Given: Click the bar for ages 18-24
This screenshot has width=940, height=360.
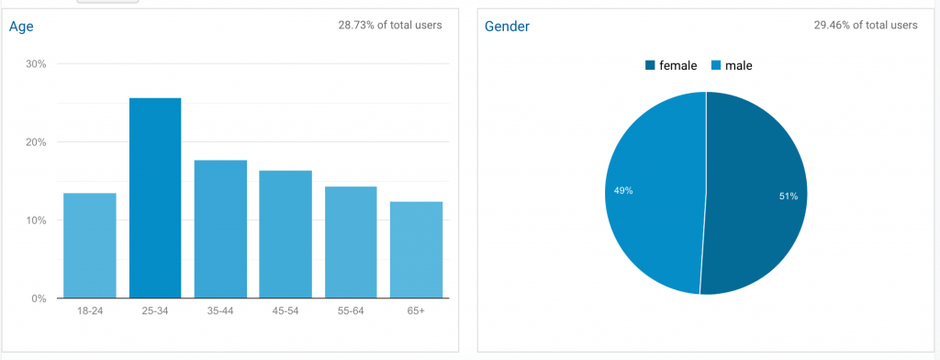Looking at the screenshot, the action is [90, 245].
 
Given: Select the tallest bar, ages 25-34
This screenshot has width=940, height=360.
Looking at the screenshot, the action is [155, 198].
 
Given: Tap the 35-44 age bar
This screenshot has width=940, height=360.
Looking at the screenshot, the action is [220, 230].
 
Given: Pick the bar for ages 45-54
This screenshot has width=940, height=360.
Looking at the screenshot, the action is [285, 234].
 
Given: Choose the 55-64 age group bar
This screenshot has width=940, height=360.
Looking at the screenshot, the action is [351, 242].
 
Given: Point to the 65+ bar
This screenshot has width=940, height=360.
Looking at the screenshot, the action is [416, 250].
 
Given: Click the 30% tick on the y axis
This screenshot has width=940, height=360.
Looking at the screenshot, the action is [36, 64].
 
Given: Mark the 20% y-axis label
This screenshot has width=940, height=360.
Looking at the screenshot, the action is [36, 142].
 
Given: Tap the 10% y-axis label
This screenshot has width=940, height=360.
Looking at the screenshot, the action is [36, 220].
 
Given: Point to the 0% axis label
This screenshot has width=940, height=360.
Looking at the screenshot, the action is [39, 298].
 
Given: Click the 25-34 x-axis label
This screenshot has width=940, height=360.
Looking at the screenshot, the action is [155, 310].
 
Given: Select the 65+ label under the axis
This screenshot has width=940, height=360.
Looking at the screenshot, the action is [416, 310].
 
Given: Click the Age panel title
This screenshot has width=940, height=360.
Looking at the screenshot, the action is [21, 27].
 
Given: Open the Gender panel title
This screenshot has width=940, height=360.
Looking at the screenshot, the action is [507, 27].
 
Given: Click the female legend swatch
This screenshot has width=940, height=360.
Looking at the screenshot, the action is [651, 65].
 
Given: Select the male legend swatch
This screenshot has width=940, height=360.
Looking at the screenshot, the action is [716, 65].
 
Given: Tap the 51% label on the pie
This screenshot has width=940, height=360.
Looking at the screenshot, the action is [789, 197].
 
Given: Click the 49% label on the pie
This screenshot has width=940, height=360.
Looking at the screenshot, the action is [623, 191].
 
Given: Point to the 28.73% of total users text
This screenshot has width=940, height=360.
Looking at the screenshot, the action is [390, 25].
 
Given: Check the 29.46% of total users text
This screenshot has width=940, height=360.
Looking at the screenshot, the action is [865, 25].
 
